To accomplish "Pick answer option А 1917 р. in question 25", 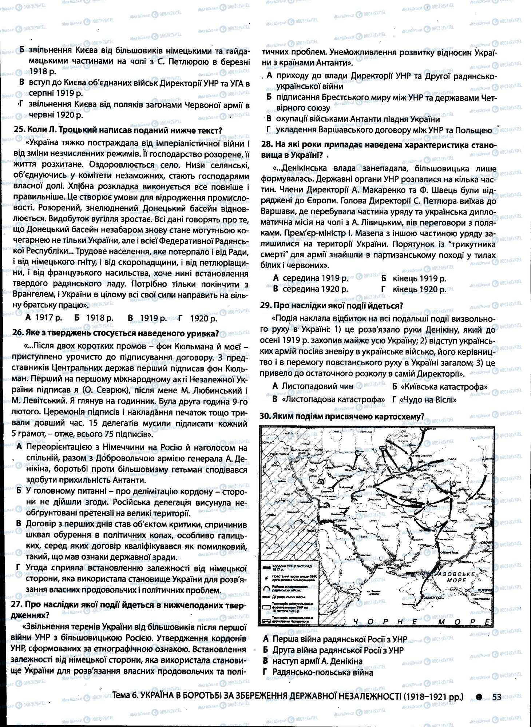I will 44,318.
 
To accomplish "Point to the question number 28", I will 268,145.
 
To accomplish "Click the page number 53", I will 497,697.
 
